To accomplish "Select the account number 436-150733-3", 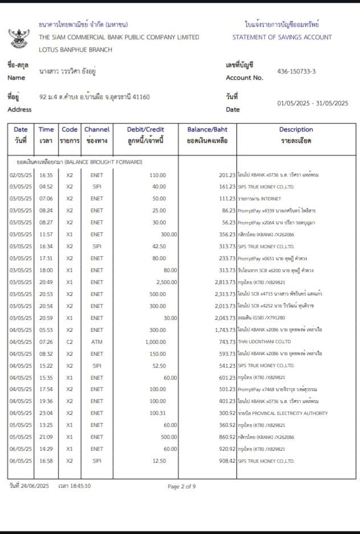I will [296, 72].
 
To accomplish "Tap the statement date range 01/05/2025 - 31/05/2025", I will [312, 103].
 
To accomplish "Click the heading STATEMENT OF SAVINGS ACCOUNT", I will [282, 37].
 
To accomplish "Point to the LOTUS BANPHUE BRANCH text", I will [75, 50].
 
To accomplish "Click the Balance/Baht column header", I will [207, 134].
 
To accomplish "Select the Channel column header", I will [97, 134].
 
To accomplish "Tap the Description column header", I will [296, 134].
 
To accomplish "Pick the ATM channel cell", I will [97, 342].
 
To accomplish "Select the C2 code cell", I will [69, 342].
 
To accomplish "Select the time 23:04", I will [46, 413].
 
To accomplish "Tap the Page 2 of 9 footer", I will [182, 486].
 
